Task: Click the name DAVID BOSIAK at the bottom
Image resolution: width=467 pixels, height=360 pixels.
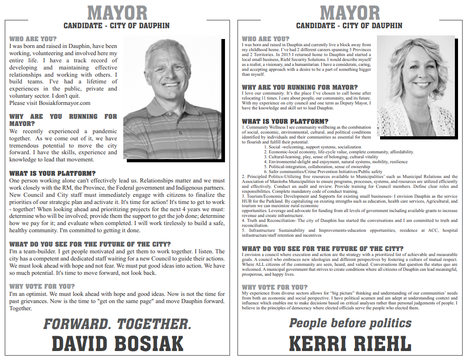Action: click(x=117, y=344)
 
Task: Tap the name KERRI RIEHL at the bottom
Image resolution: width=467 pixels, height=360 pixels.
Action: click(x=350, y=344)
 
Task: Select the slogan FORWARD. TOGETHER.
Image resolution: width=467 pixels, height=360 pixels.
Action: click(x=117, y=324)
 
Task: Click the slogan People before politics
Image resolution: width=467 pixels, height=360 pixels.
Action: click(x=350, y=323)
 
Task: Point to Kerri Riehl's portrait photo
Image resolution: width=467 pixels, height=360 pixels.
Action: click(x=415, y=85)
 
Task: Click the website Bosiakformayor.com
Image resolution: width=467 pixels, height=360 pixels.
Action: click(x=65, y=103)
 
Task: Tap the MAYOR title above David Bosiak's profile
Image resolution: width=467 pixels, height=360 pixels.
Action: click(x=117, y=13)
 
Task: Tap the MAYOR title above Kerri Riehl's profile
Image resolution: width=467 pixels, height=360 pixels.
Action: click(x=349, y=13)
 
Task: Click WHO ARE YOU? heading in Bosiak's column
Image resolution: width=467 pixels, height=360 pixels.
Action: click(x=33, y=39)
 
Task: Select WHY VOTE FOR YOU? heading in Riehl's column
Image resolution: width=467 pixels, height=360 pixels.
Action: click(x=272, y=287)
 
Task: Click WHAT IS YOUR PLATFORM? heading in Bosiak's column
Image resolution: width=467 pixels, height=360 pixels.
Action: click(x=52, y=173)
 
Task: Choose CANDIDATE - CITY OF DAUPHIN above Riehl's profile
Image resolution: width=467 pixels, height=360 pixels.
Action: click(x=349, y=26)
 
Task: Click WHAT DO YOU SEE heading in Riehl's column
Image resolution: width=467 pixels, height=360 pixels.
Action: click(x=323, y=248)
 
